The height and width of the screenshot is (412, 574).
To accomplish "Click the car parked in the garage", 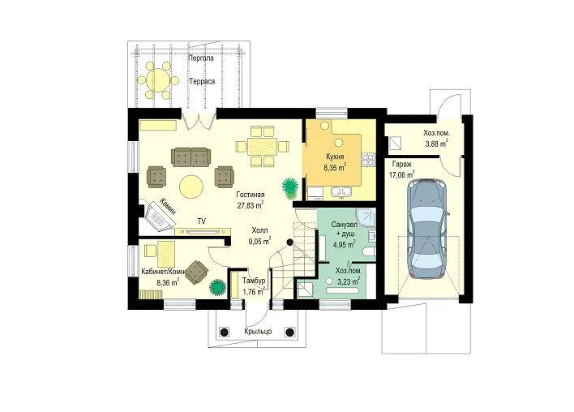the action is coord(427,229).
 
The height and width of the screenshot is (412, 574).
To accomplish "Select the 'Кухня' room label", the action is coord(335,157).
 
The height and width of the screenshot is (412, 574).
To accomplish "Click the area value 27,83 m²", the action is coord(251,205).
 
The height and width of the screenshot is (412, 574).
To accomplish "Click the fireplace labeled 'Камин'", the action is coord(159,217).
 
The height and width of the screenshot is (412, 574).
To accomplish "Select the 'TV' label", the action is coord(201,221).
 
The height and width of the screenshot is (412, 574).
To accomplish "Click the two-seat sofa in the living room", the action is coord(191,157).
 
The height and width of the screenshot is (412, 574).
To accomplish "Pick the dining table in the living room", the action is coord(262,147).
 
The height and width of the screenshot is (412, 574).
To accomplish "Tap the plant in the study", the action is coord(218,287).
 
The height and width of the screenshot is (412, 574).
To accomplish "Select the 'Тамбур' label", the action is coord(254,281).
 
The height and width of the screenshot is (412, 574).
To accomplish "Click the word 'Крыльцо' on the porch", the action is coord(258,332).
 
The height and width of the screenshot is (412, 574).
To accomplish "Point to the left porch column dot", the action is coord(224,333).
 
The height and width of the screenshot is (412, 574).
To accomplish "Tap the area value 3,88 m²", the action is coord(436,144).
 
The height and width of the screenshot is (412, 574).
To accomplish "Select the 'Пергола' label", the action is coord(201,58).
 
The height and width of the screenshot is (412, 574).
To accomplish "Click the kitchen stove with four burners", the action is coord(368,159).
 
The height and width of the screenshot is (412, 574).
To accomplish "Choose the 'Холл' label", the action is coord(259,230).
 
